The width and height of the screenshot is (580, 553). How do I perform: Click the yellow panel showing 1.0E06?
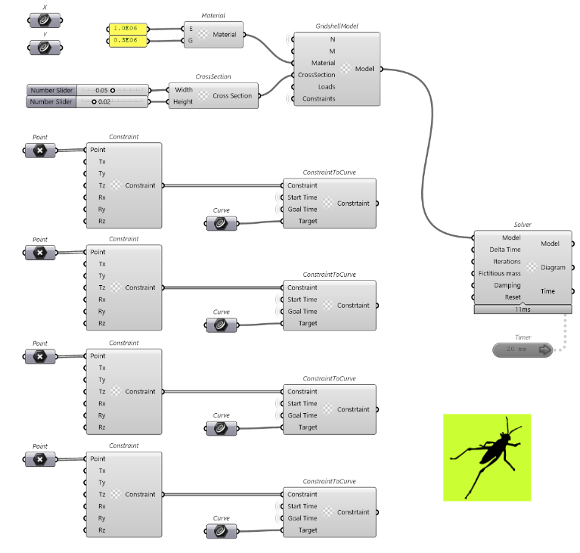128,29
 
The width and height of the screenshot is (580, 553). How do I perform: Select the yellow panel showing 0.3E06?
128,40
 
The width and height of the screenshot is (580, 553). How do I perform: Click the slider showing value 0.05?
88,90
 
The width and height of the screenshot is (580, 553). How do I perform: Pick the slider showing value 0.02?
88,102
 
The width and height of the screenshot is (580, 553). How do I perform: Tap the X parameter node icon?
45,20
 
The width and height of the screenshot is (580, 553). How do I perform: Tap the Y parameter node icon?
45,48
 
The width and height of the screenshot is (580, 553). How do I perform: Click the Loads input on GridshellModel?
326,87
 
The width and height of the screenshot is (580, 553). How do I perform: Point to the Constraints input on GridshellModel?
318,99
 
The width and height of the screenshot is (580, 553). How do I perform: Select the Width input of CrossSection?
184,90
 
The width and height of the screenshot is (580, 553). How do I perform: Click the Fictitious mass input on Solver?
499,274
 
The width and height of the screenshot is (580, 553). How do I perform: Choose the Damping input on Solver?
507,285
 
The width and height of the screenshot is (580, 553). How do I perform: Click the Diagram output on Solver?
553,268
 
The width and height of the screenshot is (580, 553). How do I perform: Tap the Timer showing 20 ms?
523,350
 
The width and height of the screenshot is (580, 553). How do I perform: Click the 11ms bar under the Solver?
523,309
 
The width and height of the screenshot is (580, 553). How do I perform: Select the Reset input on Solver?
513,297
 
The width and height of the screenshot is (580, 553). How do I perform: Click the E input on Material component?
191,29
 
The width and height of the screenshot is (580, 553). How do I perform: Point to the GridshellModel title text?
337,26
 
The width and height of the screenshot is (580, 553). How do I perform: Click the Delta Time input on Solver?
505,250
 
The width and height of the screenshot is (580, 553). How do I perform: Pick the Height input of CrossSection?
183,102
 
